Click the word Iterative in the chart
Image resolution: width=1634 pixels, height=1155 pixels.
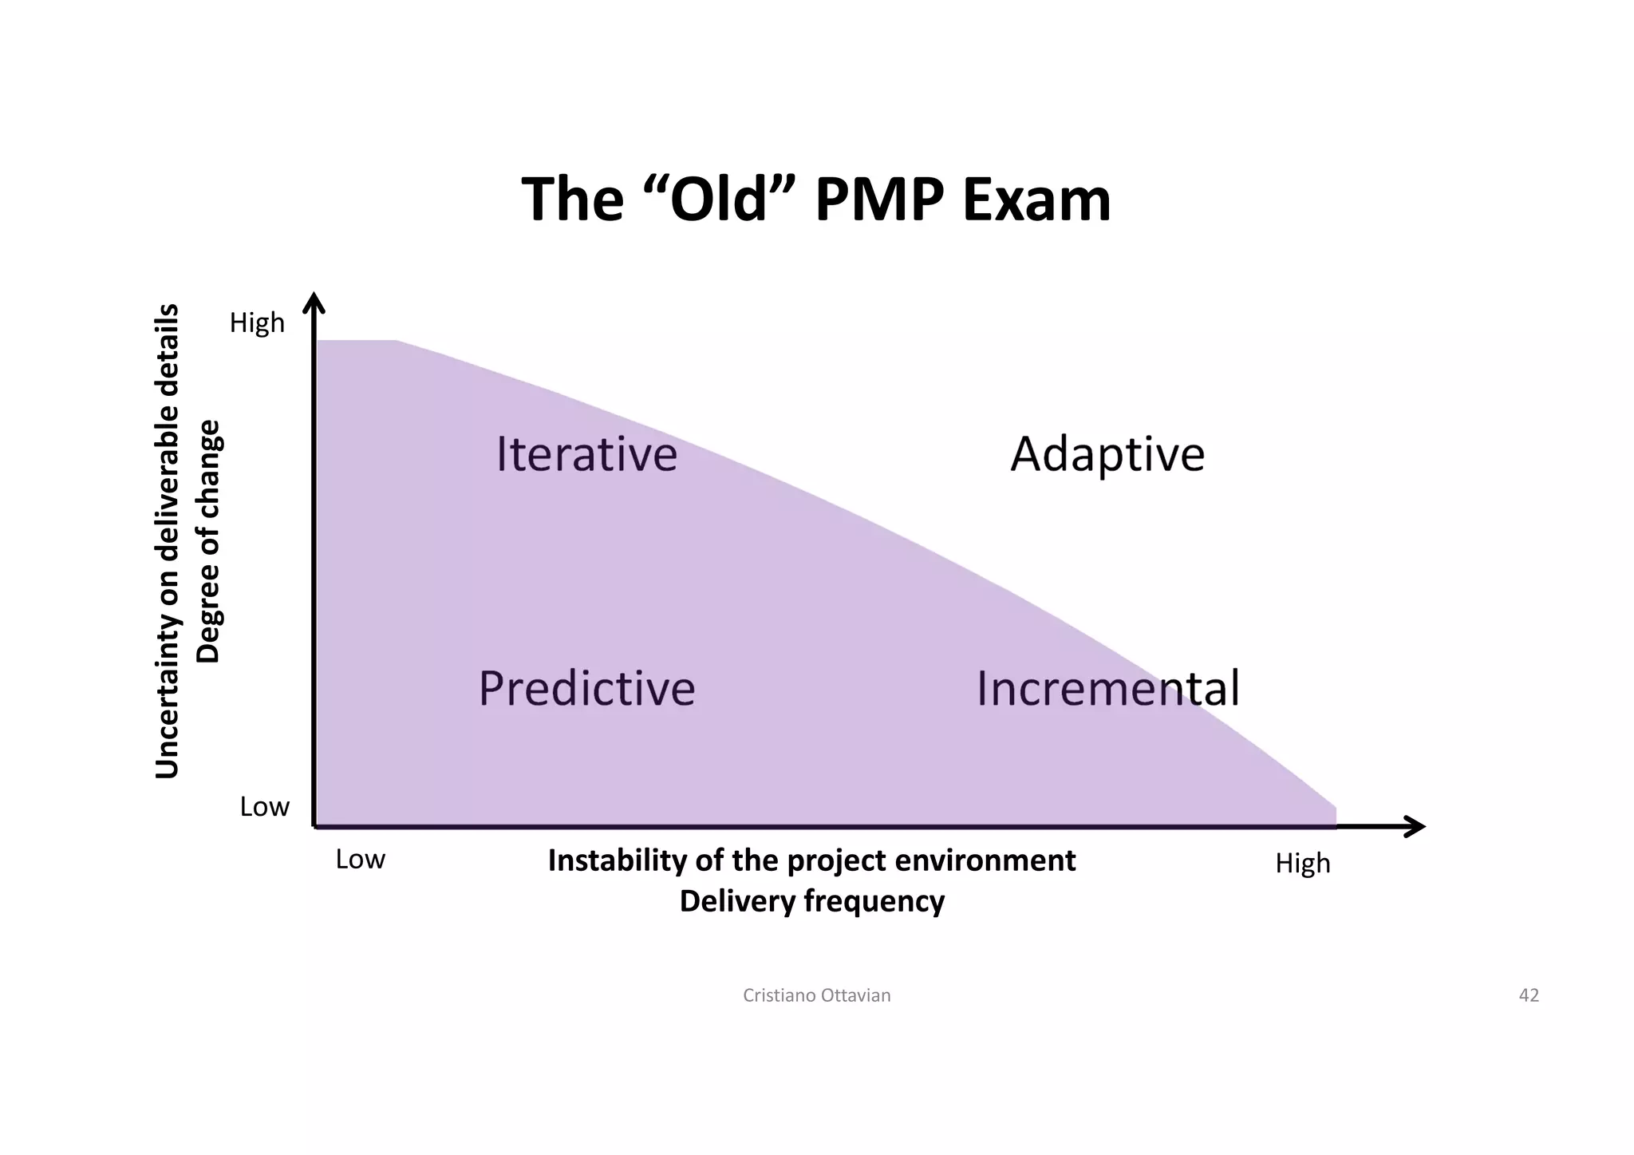(586, 454)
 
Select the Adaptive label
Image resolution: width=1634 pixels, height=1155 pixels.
(1107, 455)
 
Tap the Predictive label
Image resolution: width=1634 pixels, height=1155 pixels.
(586, 688)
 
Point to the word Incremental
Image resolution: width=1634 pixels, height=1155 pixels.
(1107, 688)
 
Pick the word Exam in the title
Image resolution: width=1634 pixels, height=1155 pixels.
(1036, 200)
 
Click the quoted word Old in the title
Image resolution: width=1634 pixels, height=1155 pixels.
(718, 200)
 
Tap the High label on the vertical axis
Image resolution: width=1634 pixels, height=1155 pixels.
(257, 322)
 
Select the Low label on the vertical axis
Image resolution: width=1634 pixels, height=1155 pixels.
(264, 807)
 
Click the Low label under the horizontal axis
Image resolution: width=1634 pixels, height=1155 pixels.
(360, 860)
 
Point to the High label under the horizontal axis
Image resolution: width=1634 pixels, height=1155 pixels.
(1302, 863)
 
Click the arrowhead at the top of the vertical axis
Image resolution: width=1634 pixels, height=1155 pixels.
(315, 304)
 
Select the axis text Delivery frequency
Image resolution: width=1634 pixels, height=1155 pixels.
(811, 901)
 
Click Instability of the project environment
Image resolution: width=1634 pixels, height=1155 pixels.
(811, 860)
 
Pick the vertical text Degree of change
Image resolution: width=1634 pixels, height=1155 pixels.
(208, 541)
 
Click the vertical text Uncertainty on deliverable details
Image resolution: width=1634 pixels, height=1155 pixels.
(167, 541)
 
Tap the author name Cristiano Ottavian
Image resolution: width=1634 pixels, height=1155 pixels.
(816, 995)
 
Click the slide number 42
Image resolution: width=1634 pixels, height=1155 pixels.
(1528, 995)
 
